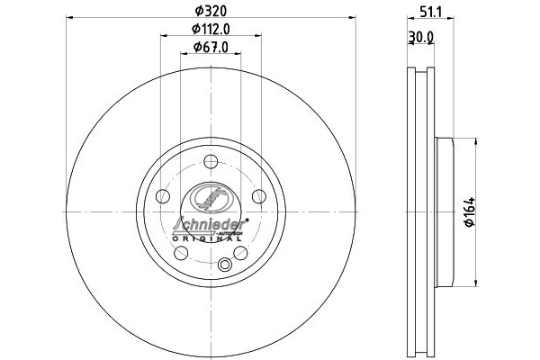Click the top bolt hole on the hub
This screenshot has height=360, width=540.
211,162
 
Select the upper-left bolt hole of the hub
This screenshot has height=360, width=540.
162,197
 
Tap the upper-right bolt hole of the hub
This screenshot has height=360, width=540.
259,197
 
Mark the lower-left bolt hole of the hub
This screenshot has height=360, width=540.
181,253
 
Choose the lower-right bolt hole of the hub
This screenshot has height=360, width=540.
240,253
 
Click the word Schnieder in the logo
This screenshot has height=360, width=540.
208,224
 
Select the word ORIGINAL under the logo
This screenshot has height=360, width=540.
208,239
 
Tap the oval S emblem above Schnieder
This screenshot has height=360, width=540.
211,196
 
